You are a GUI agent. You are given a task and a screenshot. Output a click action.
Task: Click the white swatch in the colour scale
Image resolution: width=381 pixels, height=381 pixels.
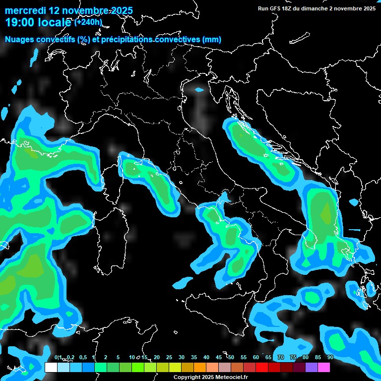[51, 368]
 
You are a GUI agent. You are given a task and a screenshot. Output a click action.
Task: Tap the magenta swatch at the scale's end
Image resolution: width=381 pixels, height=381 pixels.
[323, 368]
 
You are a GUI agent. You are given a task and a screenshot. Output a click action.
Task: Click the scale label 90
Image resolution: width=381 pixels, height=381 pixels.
[330, 358]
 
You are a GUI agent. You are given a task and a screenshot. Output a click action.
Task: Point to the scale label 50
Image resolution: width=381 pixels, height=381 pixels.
[231, 358]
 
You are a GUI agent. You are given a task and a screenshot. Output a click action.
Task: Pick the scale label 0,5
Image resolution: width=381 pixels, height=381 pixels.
[82, 358]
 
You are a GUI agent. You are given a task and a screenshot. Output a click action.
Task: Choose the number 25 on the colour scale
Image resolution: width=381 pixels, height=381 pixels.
[169, 358]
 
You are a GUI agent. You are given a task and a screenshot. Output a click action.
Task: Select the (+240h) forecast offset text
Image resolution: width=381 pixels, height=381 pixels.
[88, 22]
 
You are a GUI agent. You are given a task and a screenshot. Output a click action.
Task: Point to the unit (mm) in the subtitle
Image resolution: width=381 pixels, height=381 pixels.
[211, 40]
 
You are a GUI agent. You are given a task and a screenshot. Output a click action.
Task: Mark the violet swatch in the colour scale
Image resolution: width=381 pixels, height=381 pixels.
[311, 368]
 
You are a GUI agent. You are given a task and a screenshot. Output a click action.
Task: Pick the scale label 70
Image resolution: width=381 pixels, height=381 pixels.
[281, 358]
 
